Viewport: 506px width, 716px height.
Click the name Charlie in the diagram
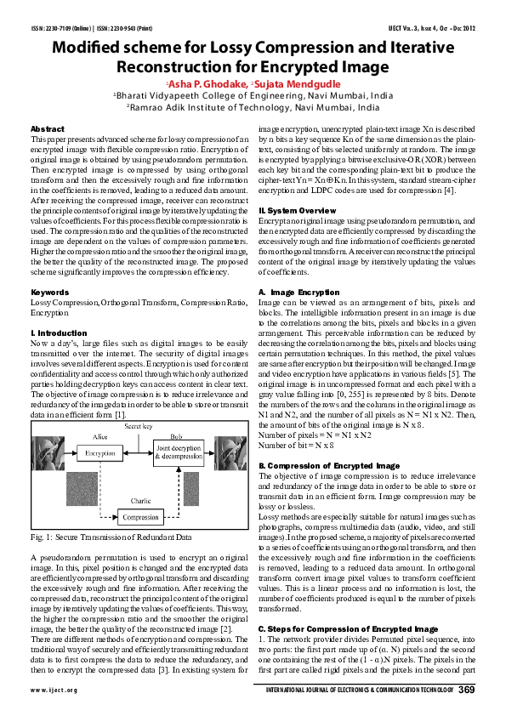pos(141,500)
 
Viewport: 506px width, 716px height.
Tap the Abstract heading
pos(48,128)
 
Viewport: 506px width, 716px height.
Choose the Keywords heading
pos(49,292)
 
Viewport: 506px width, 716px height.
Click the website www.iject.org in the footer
pos(54,690)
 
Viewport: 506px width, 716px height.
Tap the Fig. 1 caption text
pos(111,537)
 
